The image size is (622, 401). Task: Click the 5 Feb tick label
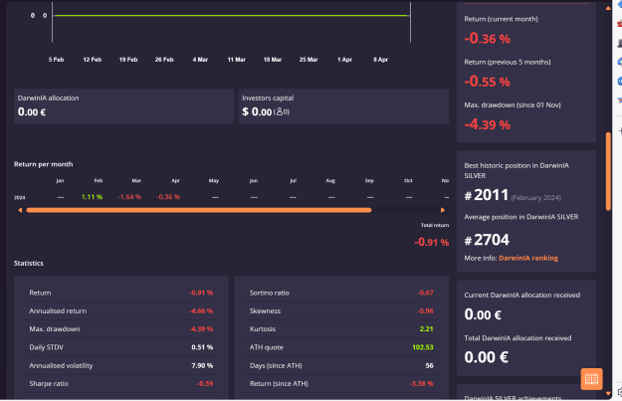click(57, 59)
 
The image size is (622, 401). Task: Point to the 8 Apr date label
click(380, 59)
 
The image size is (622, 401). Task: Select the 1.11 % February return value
click(93, 197)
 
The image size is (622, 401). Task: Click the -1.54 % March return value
click(131, 197)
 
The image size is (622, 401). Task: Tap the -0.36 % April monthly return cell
click(169, 197)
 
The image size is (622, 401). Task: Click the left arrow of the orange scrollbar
click(19, 210)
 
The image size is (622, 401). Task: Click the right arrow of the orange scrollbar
click(443, 210)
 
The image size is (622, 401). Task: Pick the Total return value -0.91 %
click(432, 242)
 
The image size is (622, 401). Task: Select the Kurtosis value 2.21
click(426, 328)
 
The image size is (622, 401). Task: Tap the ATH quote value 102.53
click(422, 347)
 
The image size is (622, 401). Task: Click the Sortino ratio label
click(270, 293)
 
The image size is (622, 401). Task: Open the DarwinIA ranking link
click(527, 258)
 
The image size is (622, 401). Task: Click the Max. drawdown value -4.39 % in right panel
click(488, 124)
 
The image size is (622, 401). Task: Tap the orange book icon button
click(591, 379)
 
